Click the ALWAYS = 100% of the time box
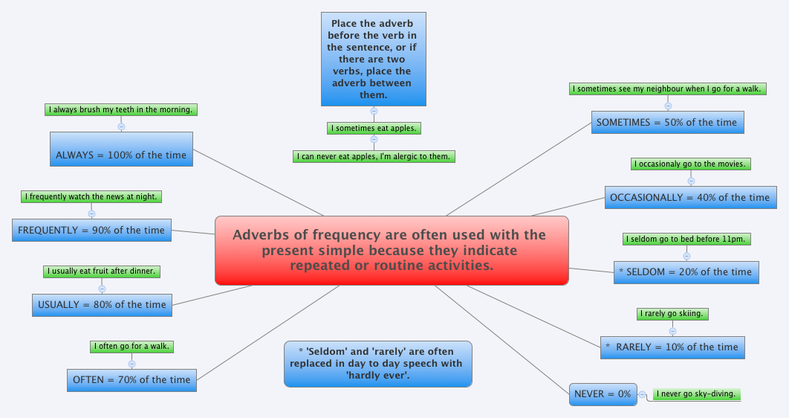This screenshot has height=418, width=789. click(121, 149)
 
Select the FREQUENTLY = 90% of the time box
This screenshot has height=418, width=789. click(91, 230)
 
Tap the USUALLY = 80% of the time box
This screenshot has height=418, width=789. click(102, 304)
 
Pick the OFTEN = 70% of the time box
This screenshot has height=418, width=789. click(131, 379)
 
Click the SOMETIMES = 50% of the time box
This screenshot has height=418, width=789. click(668, 122)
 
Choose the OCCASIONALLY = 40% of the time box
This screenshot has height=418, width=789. click(689, 197)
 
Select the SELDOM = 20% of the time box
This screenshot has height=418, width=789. click(686, 272)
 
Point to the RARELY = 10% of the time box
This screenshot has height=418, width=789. click(672, 347)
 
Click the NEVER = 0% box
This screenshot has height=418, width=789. click(603, 394)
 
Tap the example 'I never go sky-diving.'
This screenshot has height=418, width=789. click(696, 394)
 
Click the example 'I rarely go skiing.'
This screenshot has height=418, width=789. click(672, 314)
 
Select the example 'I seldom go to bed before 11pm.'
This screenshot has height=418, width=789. click(686, 239)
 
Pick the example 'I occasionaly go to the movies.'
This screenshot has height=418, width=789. click(690, 164)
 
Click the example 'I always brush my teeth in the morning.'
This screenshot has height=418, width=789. click(121, 110)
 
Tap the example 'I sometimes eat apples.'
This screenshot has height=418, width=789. click(374, 129)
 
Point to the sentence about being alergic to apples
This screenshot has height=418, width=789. click(374, 156)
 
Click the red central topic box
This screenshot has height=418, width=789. click(392, 251)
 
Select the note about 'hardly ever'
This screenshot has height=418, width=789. click(377, 364)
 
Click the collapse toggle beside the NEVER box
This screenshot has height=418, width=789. click(642, 394)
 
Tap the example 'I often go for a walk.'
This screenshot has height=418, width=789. click(131, 347)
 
